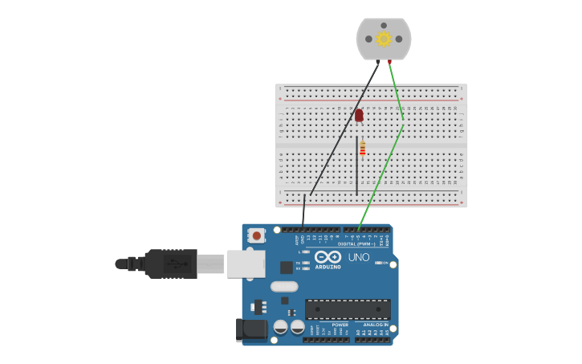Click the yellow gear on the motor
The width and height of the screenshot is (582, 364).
point(384,39)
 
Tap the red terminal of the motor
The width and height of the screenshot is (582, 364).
point(389,61)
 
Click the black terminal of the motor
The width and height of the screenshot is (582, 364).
point(378,61)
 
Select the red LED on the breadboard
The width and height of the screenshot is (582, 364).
point(359,116)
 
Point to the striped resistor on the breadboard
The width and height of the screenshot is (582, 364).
point(363,148)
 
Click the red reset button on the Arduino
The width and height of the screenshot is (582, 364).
point(257,235)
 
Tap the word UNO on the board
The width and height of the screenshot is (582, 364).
point(358,258)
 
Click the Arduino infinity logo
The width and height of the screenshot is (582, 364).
point(328,257)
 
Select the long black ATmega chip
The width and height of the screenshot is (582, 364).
point(348,309)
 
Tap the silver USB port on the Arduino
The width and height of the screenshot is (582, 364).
point(246,264)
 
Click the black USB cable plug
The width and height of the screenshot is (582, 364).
point(170,264)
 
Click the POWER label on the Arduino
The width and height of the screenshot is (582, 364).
point(328,325)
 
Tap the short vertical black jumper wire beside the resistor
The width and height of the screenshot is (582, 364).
point(356,165)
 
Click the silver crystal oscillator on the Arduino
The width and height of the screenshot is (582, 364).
point(284,286)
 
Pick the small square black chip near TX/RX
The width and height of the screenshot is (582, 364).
point(286,267)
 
